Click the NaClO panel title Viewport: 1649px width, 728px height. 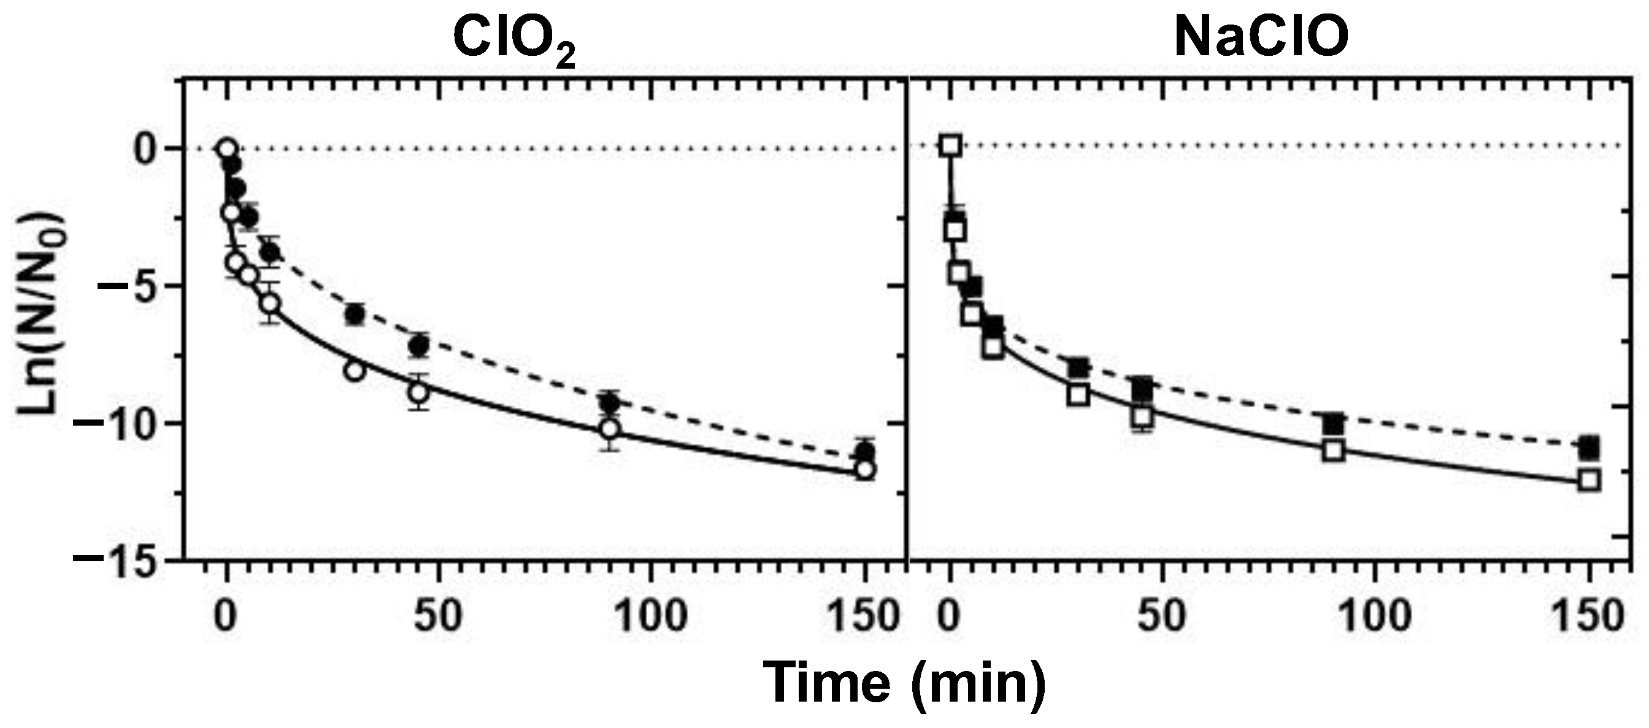click(x=1261, y=36)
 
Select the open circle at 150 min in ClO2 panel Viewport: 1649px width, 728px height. click(x=865, y=470)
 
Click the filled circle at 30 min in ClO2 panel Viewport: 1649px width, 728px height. click(x=354, y=314)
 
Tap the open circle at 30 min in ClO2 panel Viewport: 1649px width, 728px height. click(x=354, y=371)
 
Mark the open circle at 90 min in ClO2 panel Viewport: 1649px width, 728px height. click(x=610, y=429)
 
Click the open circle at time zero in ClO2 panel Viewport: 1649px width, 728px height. click(x=226, y=149)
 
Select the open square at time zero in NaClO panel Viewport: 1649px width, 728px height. click(x=951, y=147)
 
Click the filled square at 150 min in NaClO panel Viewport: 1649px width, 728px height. click(x=1588, y=448)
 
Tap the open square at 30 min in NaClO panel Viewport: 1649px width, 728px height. click(x=1078, y=396)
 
